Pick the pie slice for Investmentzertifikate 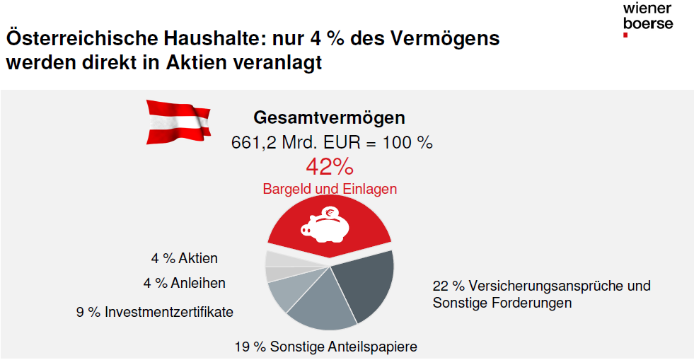288,292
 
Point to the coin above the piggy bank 330,213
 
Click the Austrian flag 178,122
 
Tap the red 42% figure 330,167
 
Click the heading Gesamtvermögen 329,117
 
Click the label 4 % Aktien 184,258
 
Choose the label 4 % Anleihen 184,283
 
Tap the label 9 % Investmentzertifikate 154,312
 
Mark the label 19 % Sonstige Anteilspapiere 325,347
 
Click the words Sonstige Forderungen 502,303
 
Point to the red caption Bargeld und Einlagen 330,190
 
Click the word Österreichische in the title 82,38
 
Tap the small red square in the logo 625,35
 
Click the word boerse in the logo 648,23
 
